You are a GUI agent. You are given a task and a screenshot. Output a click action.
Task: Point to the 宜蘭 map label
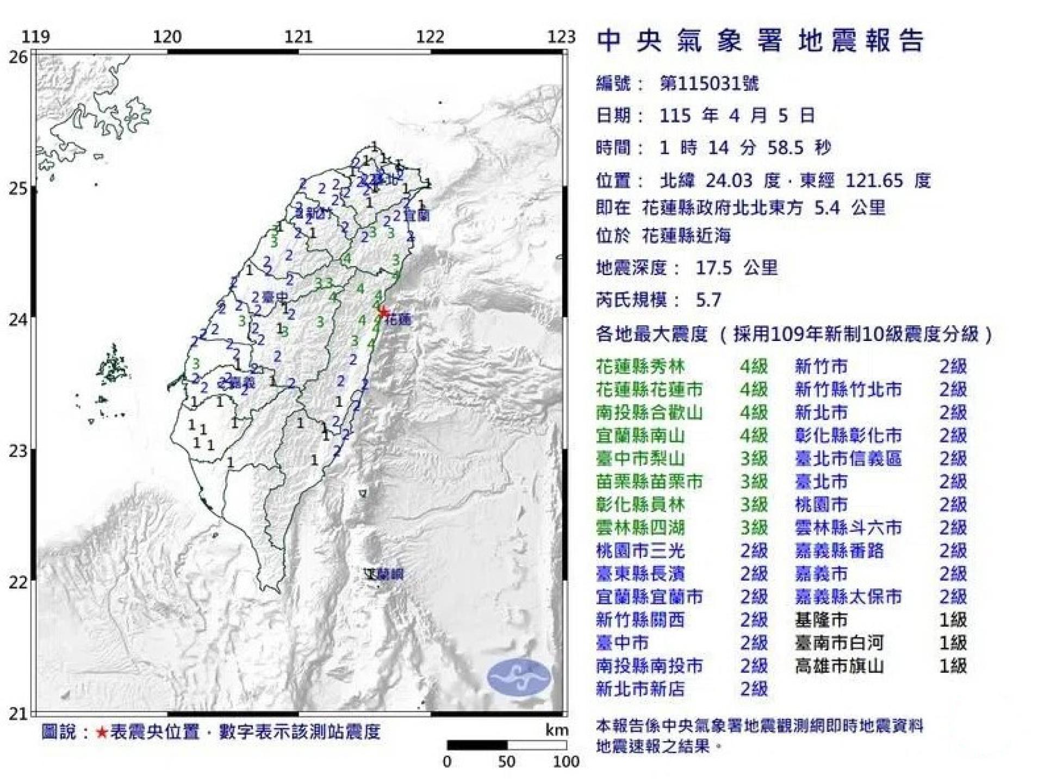pos(417,215)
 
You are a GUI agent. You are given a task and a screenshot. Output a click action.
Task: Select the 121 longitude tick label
pos(299,37)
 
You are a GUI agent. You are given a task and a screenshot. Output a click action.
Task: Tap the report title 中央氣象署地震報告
pos(760,41)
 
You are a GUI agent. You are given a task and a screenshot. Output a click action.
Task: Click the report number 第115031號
pos(709,84)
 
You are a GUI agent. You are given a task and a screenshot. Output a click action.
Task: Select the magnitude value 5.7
pos(709,300)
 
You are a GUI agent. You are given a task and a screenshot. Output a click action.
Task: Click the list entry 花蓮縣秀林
pos(641,367)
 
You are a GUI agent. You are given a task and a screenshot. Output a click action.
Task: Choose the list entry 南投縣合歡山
pos(649,413)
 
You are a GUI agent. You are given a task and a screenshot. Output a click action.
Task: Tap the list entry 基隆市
pos(821,620)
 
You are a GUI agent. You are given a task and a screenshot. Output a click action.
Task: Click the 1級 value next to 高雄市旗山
pos(953,666)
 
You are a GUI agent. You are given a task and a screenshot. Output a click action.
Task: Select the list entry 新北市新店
pos(640,689)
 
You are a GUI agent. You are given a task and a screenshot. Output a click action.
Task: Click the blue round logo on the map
pos(519,677)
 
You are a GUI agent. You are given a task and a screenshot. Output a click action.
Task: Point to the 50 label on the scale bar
pos(506,761)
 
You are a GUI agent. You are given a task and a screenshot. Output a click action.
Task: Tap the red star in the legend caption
pos(102,733)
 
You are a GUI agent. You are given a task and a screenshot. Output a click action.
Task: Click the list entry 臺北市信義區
pos(848,459)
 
